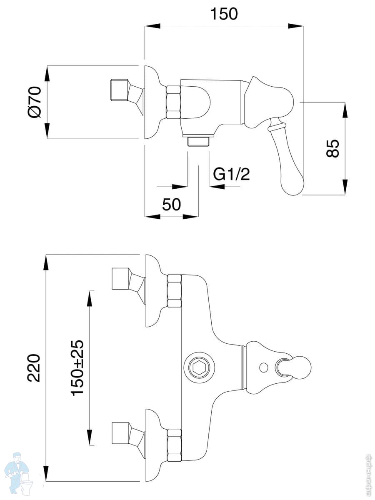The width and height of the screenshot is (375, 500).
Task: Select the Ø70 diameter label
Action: (x=35, y=102)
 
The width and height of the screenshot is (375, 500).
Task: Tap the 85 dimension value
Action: (x=333, y=148)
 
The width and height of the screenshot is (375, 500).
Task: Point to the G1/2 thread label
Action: (x=231, y=174)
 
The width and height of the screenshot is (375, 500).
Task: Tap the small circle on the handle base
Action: (x=264, y=367)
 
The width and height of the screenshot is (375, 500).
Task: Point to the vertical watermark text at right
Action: (x=367, y=475)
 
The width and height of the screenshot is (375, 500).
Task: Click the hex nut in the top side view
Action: (x=174, y=102)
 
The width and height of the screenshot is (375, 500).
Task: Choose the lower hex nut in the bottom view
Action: (x=174, y=445)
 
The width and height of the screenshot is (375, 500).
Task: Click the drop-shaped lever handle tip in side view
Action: (x=292, y=175)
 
